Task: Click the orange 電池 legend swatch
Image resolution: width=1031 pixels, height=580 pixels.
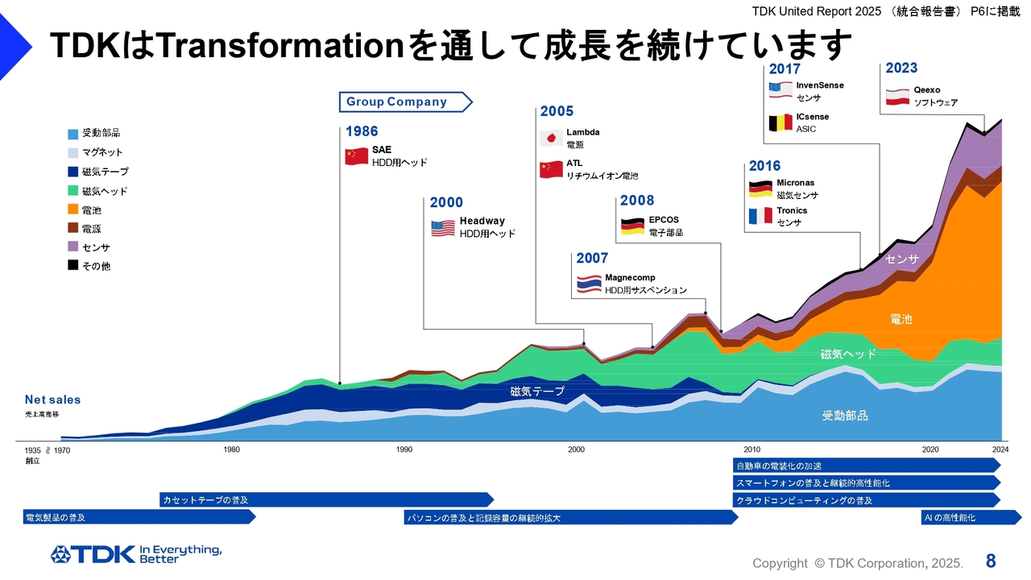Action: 73,210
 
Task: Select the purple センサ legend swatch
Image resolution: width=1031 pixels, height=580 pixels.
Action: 73,247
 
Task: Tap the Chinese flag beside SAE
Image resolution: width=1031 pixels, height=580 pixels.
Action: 356,156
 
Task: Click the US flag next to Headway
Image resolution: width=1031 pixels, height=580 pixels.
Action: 443,228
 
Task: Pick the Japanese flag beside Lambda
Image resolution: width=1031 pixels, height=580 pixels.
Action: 551,138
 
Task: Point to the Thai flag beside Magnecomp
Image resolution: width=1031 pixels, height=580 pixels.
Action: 589,284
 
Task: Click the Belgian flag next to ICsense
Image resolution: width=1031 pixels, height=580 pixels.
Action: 780,122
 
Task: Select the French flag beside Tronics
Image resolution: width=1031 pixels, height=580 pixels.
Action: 760,216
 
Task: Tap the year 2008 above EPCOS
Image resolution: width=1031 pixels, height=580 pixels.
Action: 637,201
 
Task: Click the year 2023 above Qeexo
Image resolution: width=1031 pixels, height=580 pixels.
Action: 901,68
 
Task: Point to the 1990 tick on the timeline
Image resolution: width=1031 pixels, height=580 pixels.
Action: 404,449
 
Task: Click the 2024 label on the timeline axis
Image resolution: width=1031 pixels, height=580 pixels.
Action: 1000,449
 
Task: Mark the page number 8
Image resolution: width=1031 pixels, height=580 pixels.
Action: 991,561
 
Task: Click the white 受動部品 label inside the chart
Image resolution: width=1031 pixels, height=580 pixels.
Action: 845,416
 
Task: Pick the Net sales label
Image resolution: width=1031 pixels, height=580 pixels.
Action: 52,400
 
